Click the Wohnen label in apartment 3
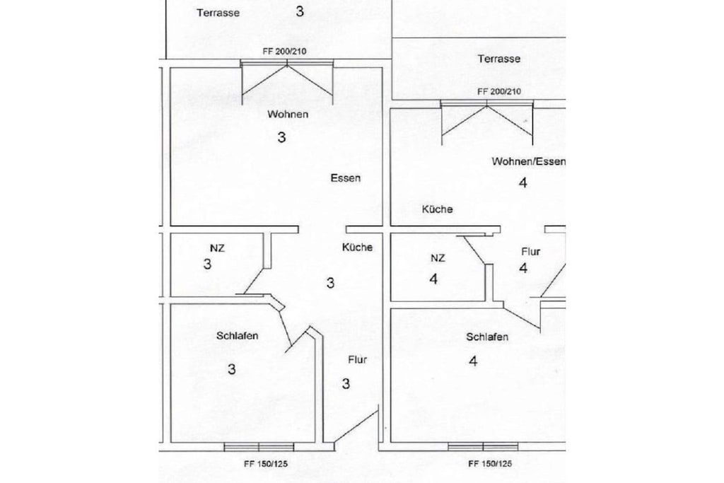coord(288,114)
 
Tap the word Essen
coord(345,178)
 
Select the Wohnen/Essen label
coord(528,162)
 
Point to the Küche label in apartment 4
coord(437,209)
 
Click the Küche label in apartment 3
coord(357,247)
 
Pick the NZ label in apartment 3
coord(218,248)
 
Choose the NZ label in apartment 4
coord(438,258)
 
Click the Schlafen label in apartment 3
coord(238,336)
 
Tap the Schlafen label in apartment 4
coord(487,337)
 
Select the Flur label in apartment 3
coord(357,359)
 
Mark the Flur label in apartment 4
coord(530,252)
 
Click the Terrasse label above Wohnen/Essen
coord(499,59)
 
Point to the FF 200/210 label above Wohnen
coord(284,51)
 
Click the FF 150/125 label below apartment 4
coord(490,464)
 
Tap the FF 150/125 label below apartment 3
coord(266,464)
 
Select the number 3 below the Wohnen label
coord(281,137)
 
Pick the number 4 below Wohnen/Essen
coord(522,183)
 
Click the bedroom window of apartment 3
coord(259,446)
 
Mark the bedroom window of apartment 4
coord(483,446)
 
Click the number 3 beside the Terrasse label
coord(300,11)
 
